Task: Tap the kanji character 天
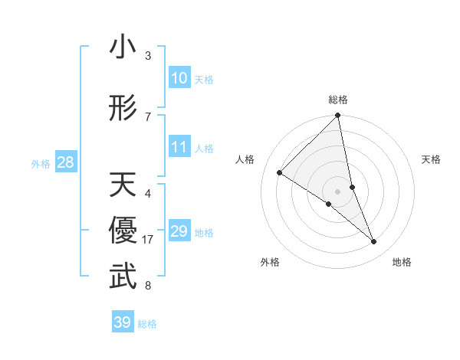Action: tap(123, 185)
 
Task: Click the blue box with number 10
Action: tap(179, 78)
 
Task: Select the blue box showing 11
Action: tap(179, 147)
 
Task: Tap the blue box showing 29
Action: tap(179, 231)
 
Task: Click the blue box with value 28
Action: tap(65, 162)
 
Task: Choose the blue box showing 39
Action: tap(122, 322)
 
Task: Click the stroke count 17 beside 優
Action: tap(148, 240)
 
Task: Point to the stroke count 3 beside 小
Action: tap(148, 56)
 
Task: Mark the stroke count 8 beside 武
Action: tap(148, 286)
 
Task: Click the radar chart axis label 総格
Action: tap(338, 100)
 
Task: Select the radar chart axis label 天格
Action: tap(432, 159)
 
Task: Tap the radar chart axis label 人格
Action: tap(245, 159)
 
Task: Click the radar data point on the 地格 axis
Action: tap(374, 241)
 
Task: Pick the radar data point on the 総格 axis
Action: tap(338, 116)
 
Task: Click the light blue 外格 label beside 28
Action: tap(41, 163)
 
